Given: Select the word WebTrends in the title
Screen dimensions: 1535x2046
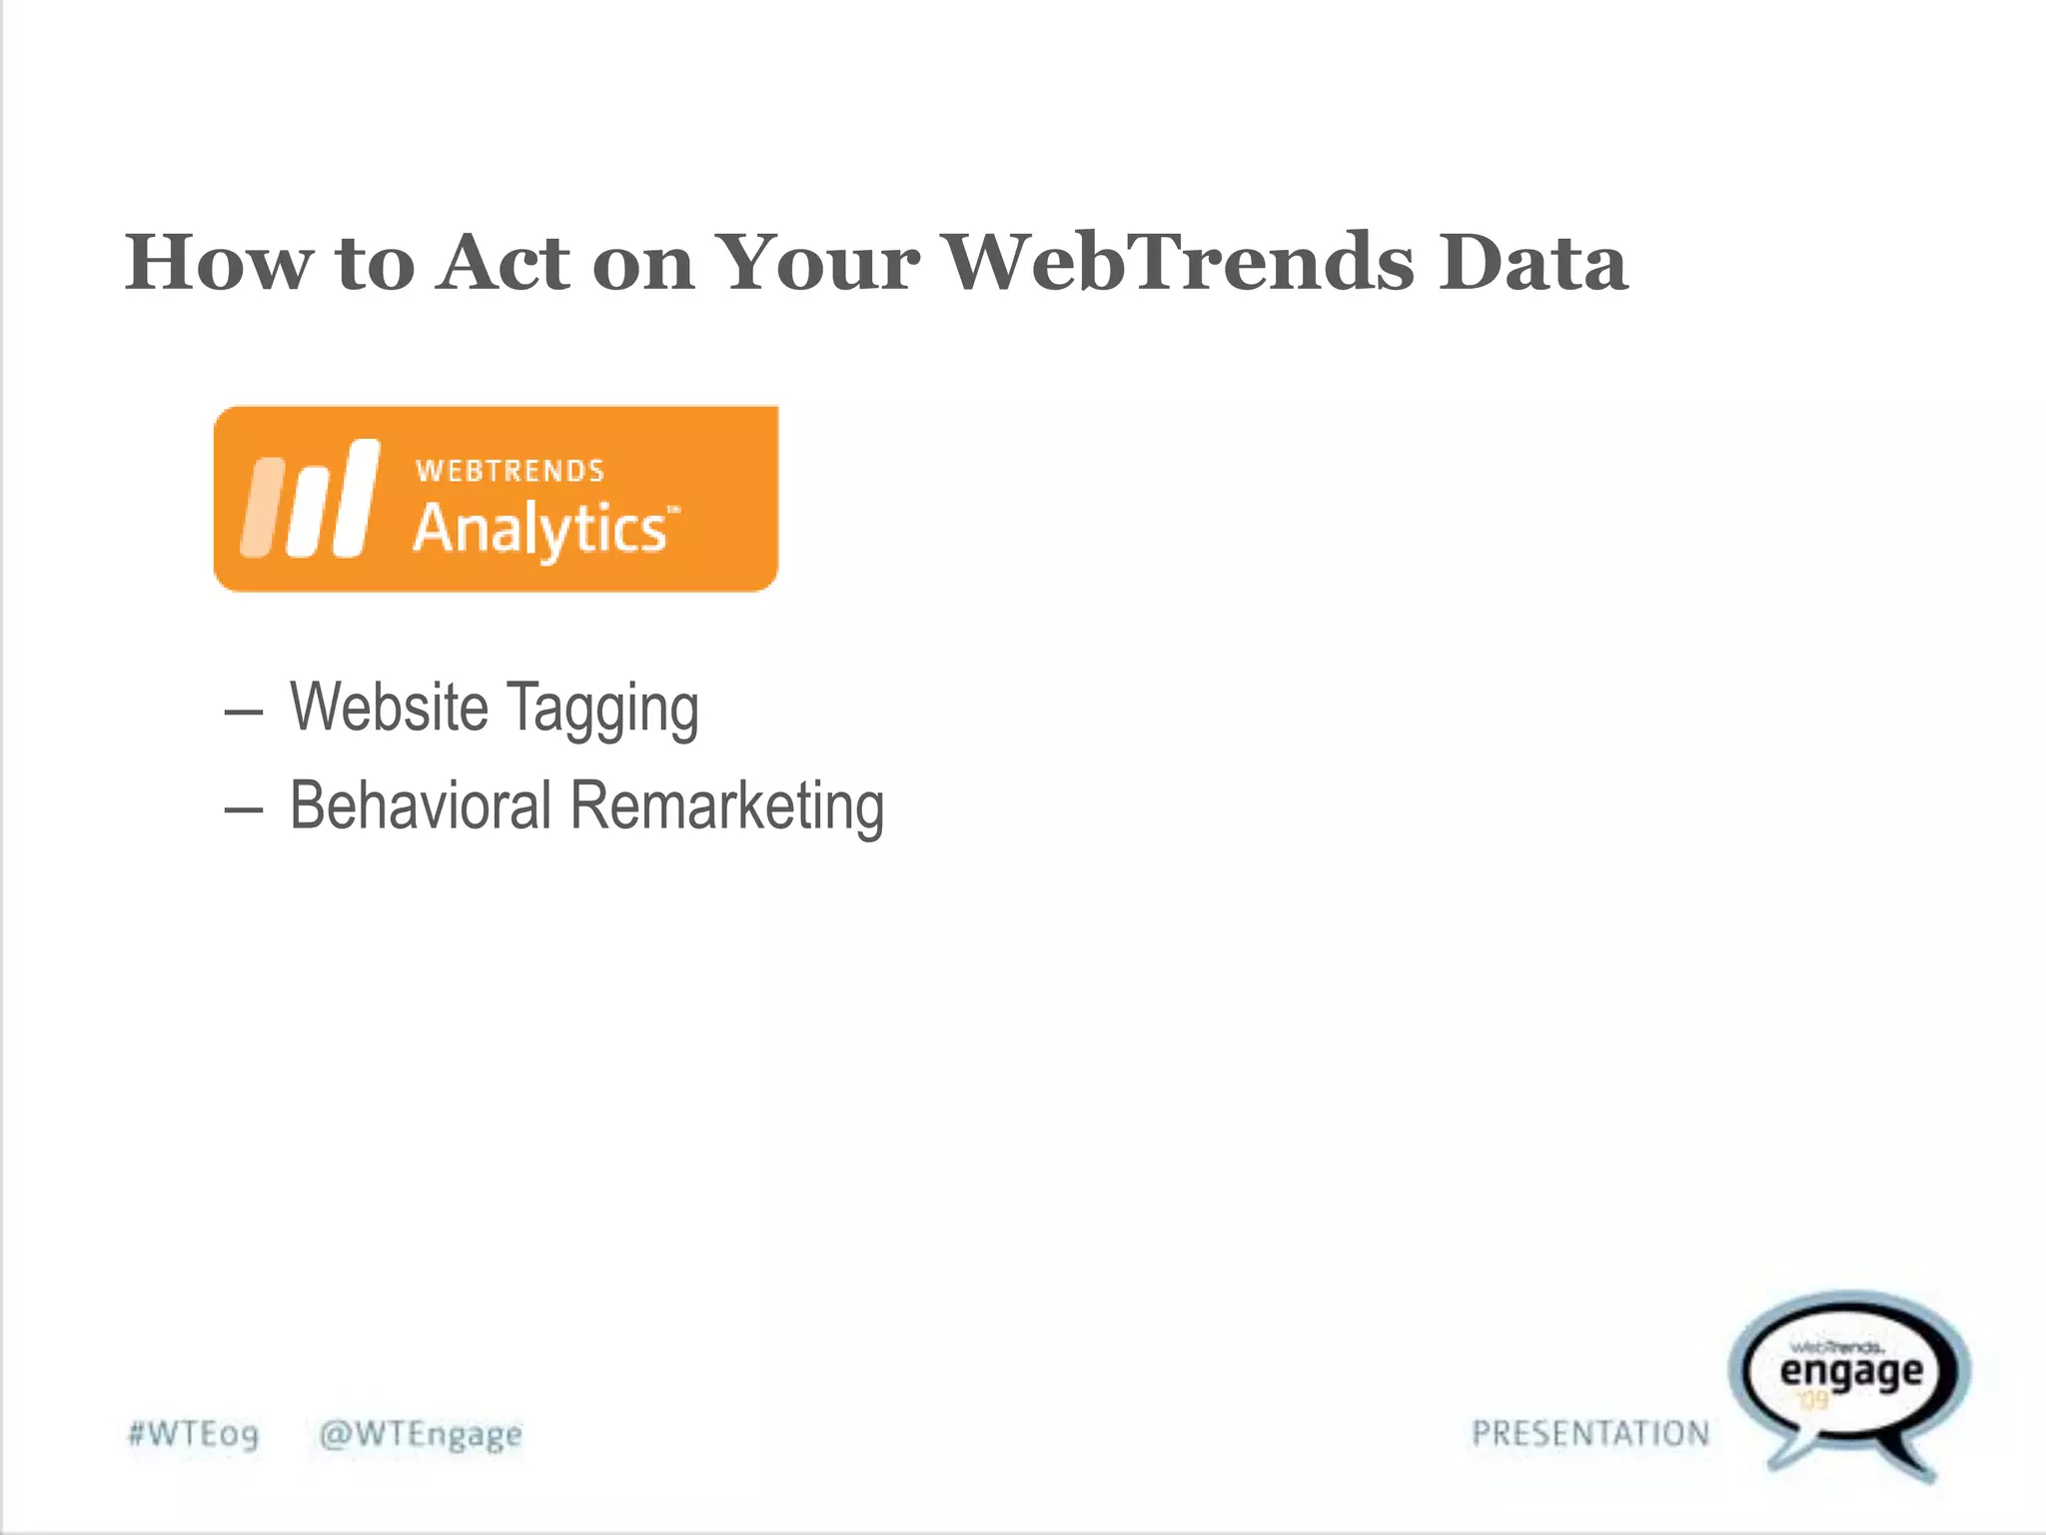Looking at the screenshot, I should coord(1180,262).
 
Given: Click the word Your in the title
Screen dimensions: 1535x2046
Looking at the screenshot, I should coord(818,264).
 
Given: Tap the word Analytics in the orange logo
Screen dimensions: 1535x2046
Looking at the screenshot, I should coord(540,529).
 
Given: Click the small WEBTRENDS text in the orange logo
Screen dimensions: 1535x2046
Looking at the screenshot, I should coord(510,471).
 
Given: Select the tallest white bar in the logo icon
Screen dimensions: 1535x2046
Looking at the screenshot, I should coord(357,498).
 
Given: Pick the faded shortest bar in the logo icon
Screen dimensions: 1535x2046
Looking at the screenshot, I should coord(262,507).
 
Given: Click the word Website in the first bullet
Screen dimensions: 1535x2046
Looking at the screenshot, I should coord(389,708).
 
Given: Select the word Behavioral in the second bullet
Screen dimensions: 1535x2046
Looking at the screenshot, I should coord(421,805).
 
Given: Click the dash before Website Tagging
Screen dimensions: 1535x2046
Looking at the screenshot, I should coord(243,713).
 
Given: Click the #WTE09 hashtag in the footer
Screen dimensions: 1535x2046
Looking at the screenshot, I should coord(194,1434).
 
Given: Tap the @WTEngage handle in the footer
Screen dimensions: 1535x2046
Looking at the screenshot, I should coord(421,1434).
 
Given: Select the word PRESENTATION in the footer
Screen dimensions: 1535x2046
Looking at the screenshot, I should coord(1590,1434).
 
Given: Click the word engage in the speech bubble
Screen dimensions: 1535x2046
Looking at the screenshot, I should coord(1851,1372).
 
